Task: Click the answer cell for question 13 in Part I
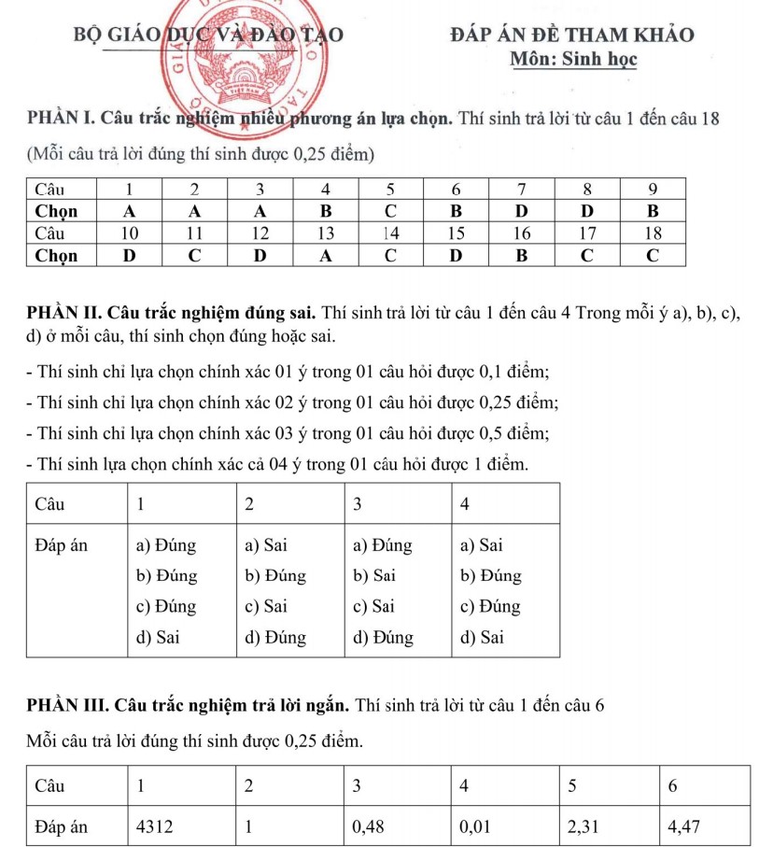coord(325,254)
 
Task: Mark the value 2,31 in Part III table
coord(583,826)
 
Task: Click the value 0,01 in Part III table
coord(476,826)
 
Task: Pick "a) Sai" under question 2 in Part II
coord(265,544)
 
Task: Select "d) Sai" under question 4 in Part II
coord(483,638)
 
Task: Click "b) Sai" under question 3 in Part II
coord(373,575)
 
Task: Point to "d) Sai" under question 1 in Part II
coord(158,638)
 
